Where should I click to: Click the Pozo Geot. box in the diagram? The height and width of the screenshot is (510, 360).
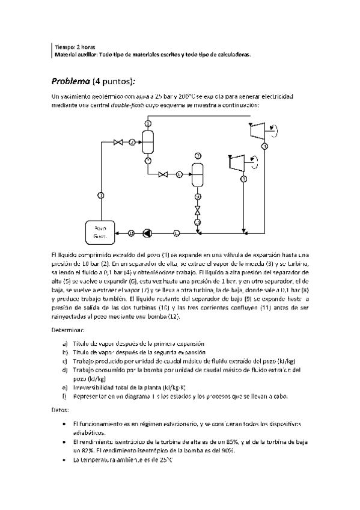pyautogui.click(x=100, y=232)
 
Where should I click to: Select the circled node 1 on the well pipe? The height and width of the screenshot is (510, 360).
pyautogui.click(x=100, y=195)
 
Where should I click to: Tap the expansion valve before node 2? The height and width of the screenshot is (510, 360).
pyautogui.click(x=119, y=142)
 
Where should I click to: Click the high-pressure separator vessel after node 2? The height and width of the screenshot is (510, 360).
pyautogui.click(x=147, y=141)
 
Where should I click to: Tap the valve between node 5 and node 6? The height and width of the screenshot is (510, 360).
pyautogui.click(x=162, y=175)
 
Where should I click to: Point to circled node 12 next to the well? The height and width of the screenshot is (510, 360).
pyautogui.click(x=131, y=233)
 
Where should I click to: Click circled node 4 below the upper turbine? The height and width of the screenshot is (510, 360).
pyautogui.click(x=265, y=146)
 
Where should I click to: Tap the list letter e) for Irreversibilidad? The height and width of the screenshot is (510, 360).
pyautogui.click(x=64, y=387)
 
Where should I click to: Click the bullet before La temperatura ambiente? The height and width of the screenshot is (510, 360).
pyautogui.click(x=64, y=461)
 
